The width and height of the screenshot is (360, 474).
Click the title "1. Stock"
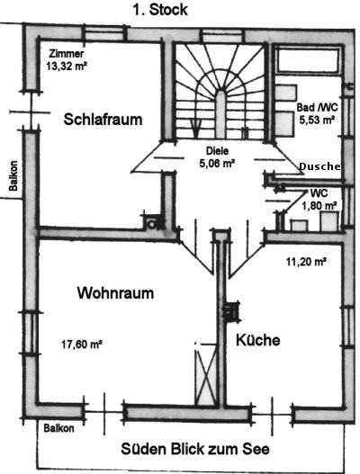click(x=160, y=10)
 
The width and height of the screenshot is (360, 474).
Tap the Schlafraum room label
click(x=103, y=120)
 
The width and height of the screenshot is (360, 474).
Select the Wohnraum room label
click(x=115, y=293)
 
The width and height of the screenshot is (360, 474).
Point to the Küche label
click(x=257, y=340)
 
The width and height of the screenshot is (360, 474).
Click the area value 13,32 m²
click(x=67, y=66)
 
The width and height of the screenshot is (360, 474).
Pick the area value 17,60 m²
click(x=81, y=344)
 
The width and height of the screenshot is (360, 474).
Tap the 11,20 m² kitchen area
click(x=306, y=262)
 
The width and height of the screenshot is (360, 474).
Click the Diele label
click(x=217, y=151)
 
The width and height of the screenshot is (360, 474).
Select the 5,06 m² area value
click(x=217, y=164)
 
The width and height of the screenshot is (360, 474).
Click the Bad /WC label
click(x=317, y=107)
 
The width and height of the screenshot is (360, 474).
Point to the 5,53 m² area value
click(x=317, y=120)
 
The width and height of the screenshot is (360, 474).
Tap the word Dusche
click(x=319, y=166)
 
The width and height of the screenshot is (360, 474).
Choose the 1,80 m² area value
click(x=319, y=206)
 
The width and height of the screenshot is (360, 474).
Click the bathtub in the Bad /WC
click(x=308, y=61)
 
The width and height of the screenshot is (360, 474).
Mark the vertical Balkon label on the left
click(x=13, y=175)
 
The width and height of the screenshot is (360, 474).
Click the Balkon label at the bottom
click(x=58, y=428)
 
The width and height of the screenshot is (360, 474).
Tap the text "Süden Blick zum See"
click(x=195, y=449)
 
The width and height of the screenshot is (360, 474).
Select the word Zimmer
click(x=67, y=54)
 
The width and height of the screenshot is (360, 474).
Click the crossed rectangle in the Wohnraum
click(x=206, y=377)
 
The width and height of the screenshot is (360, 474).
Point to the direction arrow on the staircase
click(x=196, y=127)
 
